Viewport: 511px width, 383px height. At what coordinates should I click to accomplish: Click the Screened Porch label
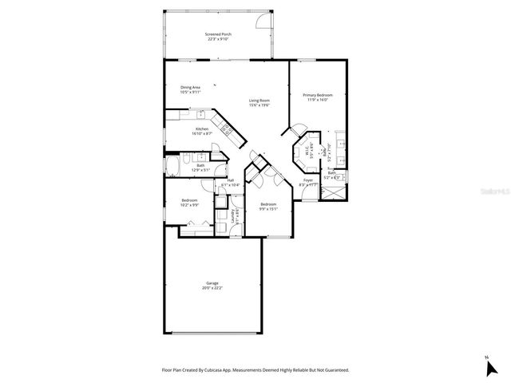tap(217, 34)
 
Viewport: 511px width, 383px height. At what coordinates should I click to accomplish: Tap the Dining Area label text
tap(190, 87)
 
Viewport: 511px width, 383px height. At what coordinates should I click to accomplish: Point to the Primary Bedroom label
tap(318, 96)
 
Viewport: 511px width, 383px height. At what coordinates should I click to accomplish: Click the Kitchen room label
tap(202, 128)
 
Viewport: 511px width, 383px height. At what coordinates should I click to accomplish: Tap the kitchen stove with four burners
tap(226, 128)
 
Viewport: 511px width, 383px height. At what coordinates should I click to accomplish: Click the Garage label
tap(212, 283)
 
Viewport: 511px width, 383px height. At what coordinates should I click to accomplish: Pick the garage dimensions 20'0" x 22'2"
tap(212, 289)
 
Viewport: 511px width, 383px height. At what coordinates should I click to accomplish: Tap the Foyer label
tap(307, 181)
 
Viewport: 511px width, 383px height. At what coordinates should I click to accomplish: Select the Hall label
tap(231, 180)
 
